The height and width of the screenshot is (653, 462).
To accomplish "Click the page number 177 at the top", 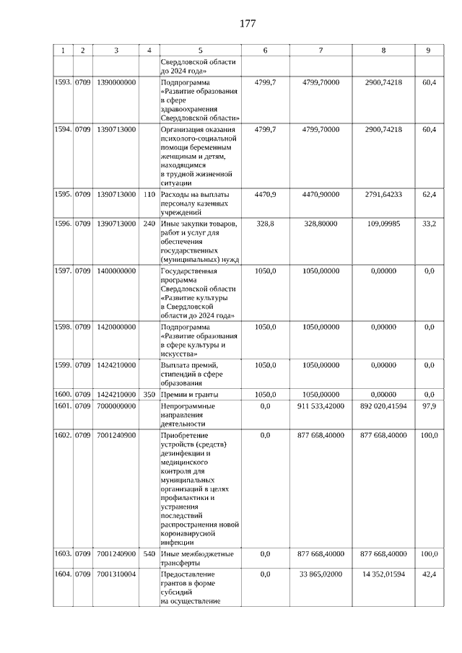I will tap(247, 24).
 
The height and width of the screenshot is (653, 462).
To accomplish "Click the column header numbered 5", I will tap(200, 50).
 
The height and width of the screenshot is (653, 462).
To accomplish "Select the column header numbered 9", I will tap(429, 50).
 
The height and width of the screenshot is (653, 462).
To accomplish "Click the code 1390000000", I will tap(116, 83).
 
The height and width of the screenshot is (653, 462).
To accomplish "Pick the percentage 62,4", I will tap(429, 194).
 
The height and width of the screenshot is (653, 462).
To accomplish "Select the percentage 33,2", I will tap(429, 224).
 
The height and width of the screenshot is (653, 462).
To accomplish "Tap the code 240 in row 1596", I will tap(149, 224).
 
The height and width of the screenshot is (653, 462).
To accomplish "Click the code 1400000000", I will tap(116, 270).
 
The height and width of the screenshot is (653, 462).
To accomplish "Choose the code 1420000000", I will tap(116, 327).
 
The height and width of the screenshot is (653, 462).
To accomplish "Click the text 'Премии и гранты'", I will tap(189, 395).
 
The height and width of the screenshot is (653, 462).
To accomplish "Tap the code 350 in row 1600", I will tap(149, 395).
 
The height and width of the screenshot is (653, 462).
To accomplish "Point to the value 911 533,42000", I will tap(321, 406).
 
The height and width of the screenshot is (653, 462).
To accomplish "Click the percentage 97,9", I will tap(429, 406).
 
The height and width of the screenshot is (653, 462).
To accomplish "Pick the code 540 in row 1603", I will tap(149, 553).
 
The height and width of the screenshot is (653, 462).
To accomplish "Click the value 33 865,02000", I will tap(321, 574).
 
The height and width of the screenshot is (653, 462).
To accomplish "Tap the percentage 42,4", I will tap(429, 574).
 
